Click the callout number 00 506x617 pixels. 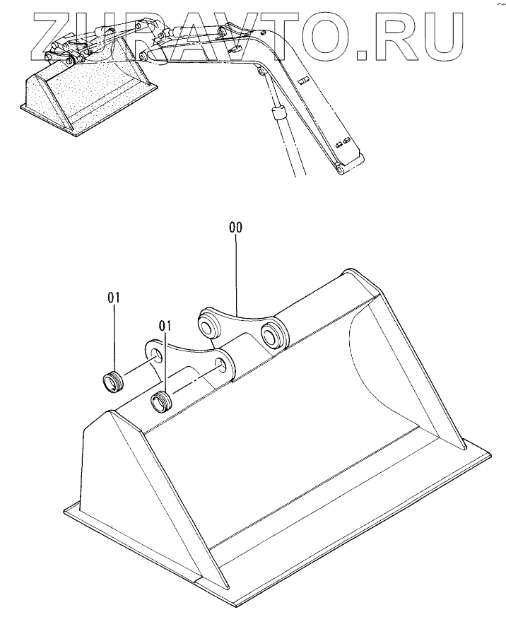(235, 228)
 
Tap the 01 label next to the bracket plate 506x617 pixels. (165, 326)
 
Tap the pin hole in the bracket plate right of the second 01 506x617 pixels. (221, 365)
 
